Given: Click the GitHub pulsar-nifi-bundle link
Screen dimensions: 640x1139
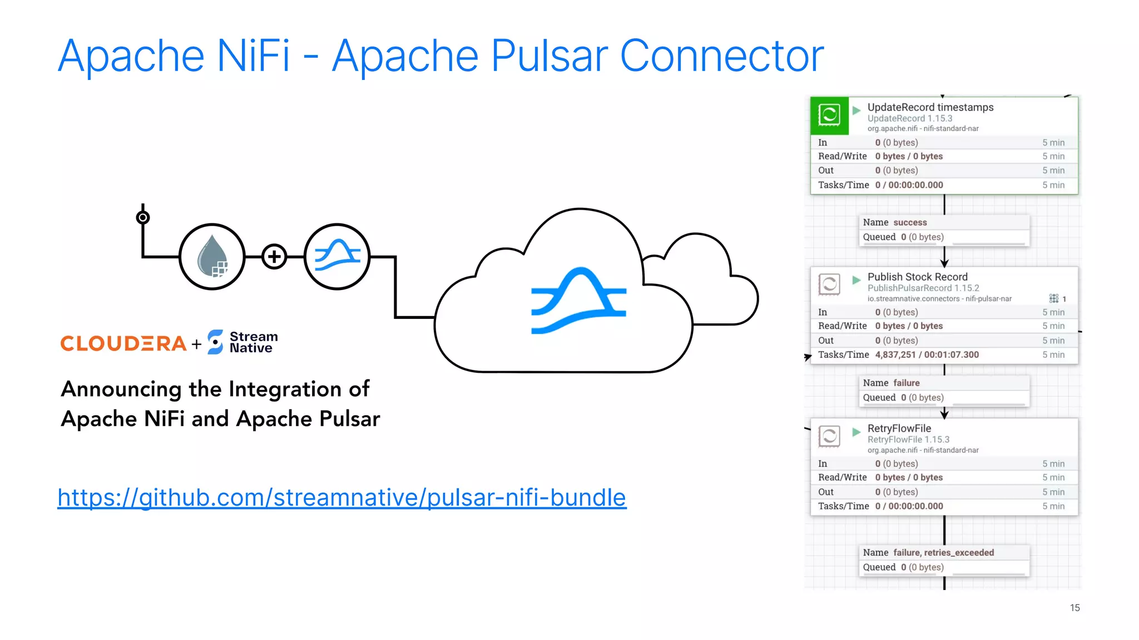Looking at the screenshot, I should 341,498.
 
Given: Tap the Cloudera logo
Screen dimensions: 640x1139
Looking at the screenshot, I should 123,344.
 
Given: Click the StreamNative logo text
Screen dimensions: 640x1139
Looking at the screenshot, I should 253,342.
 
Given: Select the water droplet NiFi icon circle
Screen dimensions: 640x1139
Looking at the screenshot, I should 212,257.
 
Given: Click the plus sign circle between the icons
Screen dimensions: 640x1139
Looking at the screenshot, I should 274,257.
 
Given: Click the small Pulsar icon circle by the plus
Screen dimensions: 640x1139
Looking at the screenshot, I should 337,257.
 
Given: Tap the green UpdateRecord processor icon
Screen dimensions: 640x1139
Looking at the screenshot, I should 829,116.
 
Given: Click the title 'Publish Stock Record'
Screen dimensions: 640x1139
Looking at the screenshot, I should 917,277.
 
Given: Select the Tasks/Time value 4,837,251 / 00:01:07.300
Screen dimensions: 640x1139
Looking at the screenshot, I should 927,354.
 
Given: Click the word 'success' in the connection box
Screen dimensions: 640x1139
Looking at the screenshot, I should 910,222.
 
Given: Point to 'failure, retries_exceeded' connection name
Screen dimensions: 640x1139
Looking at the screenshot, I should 943,552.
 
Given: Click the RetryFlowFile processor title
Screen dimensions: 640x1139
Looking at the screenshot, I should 899,428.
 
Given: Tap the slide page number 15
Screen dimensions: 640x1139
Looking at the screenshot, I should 1074,608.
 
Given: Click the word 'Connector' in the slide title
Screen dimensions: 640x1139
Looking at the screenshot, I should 721,56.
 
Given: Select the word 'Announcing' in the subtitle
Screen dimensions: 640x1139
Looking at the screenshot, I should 121,389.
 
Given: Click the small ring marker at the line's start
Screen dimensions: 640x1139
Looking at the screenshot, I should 143,217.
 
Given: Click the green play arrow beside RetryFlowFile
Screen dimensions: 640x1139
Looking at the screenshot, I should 856,432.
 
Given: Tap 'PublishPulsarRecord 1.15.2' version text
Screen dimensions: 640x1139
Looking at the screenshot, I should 923,288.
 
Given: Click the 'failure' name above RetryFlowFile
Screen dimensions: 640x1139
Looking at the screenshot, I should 906,383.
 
